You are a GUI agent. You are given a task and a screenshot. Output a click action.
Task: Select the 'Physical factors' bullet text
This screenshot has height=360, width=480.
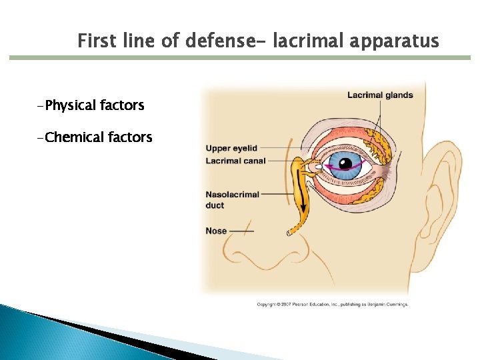[x=91, y=105]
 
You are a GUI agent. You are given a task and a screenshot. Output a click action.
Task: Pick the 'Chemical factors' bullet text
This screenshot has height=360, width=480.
[x=95, y=137]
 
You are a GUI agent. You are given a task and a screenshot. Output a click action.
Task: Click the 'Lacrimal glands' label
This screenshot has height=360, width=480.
[x=380, y=95]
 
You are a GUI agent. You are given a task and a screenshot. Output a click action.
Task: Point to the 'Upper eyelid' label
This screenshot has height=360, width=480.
[x=231, y=148]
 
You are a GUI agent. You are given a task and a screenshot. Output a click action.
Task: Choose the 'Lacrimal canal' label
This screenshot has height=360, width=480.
[x=235, y=161]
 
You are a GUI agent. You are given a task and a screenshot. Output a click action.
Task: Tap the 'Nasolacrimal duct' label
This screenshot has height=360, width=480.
[x=231, y=199]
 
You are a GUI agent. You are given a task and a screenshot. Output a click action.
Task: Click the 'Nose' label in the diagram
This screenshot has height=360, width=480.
[x=216, y=231]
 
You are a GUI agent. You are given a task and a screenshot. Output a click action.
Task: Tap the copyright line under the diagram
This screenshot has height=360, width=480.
[x=332, y=304]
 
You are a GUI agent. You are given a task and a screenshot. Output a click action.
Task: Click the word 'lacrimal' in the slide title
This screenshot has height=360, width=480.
[x=312, y=41]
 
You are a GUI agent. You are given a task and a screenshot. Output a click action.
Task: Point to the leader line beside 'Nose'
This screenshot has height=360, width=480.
[x=241, y=231]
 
